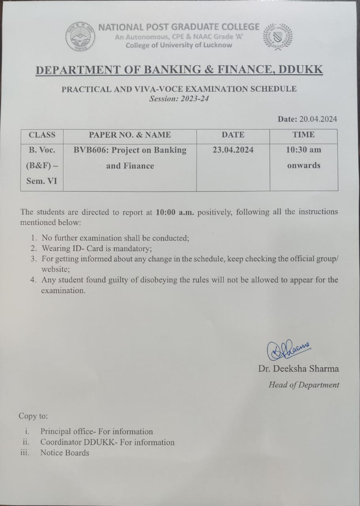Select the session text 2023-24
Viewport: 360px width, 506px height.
pyautogui.click(x=195, y=99)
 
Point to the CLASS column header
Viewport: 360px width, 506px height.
pyautogui.click(x=42, y=135)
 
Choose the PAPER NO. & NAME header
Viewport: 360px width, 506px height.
pyautogui.click(x=130, y=135)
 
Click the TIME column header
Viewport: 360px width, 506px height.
pyautogui.click(x=303, y=135)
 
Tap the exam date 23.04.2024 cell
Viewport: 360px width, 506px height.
pyautogui.click(x=233, y=150)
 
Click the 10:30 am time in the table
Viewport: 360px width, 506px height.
pyautogui.click(x=303, y=150)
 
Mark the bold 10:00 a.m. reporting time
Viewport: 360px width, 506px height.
pyautogui.click(x=174, y=212)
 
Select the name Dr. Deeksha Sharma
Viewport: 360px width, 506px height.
pyautogui.click(x=298, y=369)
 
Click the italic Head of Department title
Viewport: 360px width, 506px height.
pyautogui.click(x=303, y=385)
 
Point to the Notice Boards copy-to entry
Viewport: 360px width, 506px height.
pyautogui.click(x=65, y=453)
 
